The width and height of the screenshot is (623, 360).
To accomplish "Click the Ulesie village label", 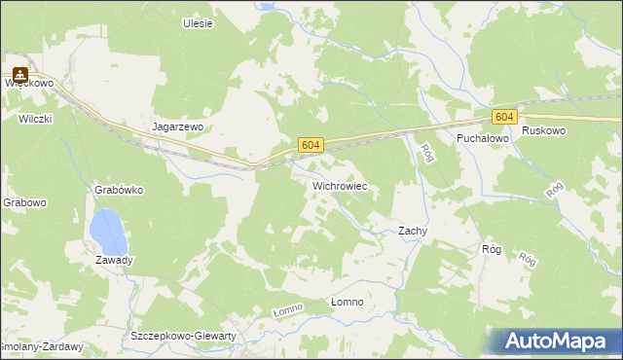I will coord(198,23).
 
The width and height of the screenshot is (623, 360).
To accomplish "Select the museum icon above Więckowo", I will coord(19,72).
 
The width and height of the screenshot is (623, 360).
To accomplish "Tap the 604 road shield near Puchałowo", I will coord(502,117).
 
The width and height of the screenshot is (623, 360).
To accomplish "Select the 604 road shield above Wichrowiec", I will coord(310,145).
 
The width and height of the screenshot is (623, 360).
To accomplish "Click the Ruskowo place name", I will coord(543,130).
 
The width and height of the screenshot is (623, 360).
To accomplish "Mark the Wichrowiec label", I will coord(339,184).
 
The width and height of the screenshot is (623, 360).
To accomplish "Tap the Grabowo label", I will coord(23,203).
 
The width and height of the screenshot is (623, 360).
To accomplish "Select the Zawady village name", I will coord(114,260).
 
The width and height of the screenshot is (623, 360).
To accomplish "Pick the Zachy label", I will coord(413,231).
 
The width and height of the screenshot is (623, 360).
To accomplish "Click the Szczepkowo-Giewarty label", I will coord(183,336).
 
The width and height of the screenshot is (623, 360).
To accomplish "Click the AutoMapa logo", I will coord(557,342).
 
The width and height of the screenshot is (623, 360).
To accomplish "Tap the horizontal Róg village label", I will coord(492,249).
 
